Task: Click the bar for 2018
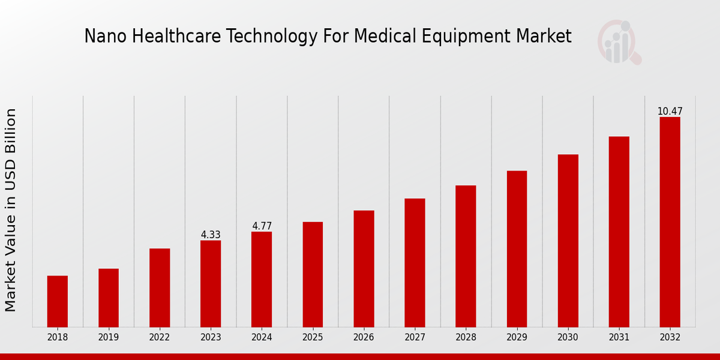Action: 58,301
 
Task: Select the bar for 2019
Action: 109,298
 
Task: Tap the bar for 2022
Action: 160,287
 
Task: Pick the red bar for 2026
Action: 364,268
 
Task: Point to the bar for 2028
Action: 466,256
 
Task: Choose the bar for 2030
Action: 568,240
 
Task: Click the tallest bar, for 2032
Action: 670,221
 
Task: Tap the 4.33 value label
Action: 211,235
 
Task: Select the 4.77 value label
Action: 262,226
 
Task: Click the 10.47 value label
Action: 670,112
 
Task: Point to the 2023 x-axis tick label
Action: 211,337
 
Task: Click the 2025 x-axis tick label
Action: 313,337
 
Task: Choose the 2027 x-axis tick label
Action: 415,337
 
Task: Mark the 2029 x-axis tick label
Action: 517,337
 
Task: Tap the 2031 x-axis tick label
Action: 619,337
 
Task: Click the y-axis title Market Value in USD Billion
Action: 11,210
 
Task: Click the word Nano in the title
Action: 97,37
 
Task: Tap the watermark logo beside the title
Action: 619,42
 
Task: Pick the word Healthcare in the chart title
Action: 155,37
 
